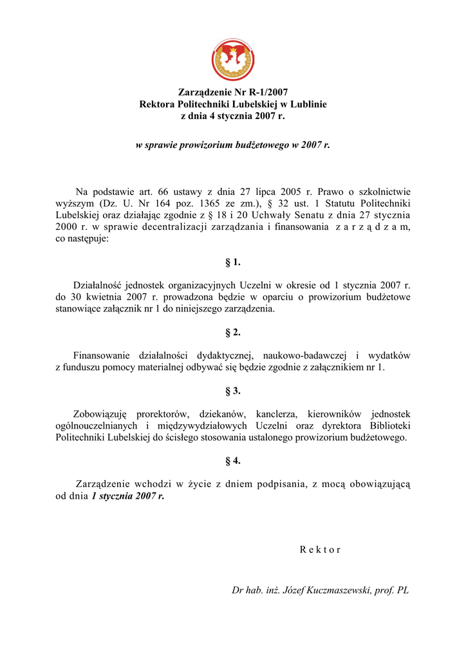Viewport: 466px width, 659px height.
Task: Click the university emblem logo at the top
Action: [x=232, y=59]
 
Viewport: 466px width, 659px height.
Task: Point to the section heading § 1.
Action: [x=232, y=262]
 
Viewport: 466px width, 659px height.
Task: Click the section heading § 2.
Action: [x=232, y=332]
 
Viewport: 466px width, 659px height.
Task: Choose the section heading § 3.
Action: [x=232, y=391]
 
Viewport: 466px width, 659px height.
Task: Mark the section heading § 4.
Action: [x=232, y=461]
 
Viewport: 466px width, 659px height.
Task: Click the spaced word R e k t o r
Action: [x=320, y=550]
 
